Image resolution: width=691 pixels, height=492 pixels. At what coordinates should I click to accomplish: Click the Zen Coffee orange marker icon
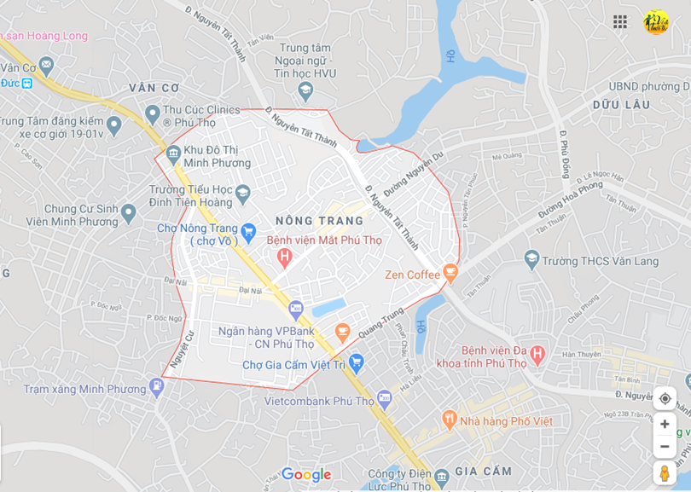450,274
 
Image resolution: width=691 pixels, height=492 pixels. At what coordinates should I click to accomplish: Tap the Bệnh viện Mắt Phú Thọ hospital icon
285,256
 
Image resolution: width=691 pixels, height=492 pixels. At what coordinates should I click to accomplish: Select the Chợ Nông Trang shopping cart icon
248,230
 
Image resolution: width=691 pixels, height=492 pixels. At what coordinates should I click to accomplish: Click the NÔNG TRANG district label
320,221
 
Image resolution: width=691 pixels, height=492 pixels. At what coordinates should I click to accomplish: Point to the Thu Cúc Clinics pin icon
153,113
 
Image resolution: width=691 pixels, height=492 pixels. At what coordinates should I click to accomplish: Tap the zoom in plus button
665,424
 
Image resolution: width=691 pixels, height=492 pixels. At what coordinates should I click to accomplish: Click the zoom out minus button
665,446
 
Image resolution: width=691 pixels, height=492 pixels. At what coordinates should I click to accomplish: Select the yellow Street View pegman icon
665,473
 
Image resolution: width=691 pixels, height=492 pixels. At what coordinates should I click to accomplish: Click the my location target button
665,398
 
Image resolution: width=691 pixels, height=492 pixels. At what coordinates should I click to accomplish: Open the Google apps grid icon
620,22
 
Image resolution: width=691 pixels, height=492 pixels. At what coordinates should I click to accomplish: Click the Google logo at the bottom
305,475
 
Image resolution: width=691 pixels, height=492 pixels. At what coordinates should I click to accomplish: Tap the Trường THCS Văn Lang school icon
531,258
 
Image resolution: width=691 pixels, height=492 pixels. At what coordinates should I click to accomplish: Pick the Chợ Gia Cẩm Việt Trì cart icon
357,364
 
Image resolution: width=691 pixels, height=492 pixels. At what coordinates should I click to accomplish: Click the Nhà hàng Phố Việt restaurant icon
450,419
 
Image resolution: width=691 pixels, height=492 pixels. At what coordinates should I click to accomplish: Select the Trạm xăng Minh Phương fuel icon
156,387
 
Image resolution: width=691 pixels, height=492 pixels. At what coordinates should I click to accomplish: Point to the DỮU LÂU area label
621,105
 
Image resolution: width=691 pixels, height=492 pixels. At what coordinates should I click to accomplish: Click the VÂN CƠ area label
154,88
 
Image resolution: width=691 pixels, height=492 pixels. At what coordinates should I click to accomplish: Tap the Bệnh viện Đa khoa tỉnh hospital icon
537,352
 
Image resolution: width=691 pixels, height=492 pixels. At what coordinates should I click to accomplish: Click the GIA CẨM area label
484,471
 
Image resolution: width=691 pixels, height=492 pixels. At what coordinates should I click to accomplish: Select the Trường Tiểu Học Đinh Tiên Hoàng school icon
242,194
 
